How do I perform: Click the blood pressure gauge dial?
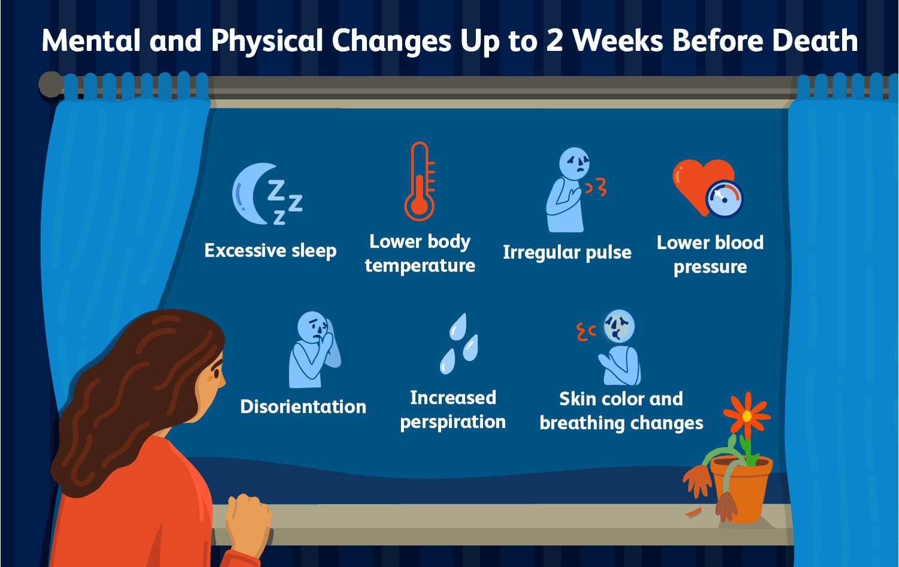[x=725, y=199]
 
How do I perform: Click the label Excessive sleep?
[x=270, y=251]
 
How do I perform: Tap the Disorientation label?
[x=303, y=406]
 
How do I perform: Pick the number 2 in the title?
[x=554, y=41]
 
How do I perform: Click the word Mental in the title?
[x=91, y=41]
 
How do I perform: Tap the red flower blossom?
[x=747, y=416]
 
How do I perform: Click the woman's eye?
[x=217, y=373]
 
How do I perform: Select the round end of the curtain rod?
[x=50, y=85]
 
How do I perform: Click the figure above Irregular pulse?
[x=567, y=189]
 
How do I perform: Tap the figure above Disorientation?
[x=314, y=349]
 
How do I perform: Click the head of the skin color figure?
[x=619, y=326]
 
